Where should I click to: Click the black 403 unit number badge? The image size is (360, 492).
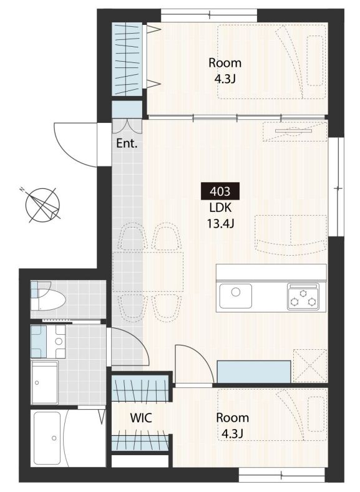point(220,191)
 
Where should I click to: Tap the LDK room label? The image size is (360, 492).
point(220,208)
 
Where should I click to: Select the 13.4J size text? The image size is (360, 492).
point(220,224)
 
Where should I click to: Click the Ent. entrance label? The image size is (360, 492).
point(127,143)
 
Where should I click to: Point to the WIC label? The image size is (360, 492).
point(141,418)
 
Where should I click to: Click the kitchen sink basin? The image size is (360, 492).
point(235,296)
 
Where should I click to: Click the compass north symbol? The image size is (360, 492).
point(42,205)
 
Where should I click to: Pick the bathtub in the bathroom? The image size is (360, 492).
point(47,438)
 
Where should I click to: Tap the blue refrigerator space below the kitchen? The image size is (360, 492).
point(253,372)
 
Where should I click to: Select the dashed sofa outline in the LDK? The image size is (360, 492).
point(291,234)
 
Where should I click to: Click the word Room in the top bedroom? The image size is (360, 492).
point(225,63)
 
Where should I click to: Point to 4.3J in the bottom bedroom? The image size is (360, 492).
point(232,433)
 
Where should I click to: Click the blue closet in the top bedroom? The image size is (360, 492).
point(127,59)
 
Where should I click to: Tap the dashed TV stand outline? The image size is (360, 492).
point(294,131)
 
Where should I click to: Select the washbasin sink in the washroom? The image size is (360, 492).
point(59,340)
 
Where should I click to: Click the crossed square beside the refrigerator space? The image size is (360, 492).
point(310,365)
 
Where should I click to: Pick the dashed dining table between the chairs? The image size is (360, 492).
point(148,272)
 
